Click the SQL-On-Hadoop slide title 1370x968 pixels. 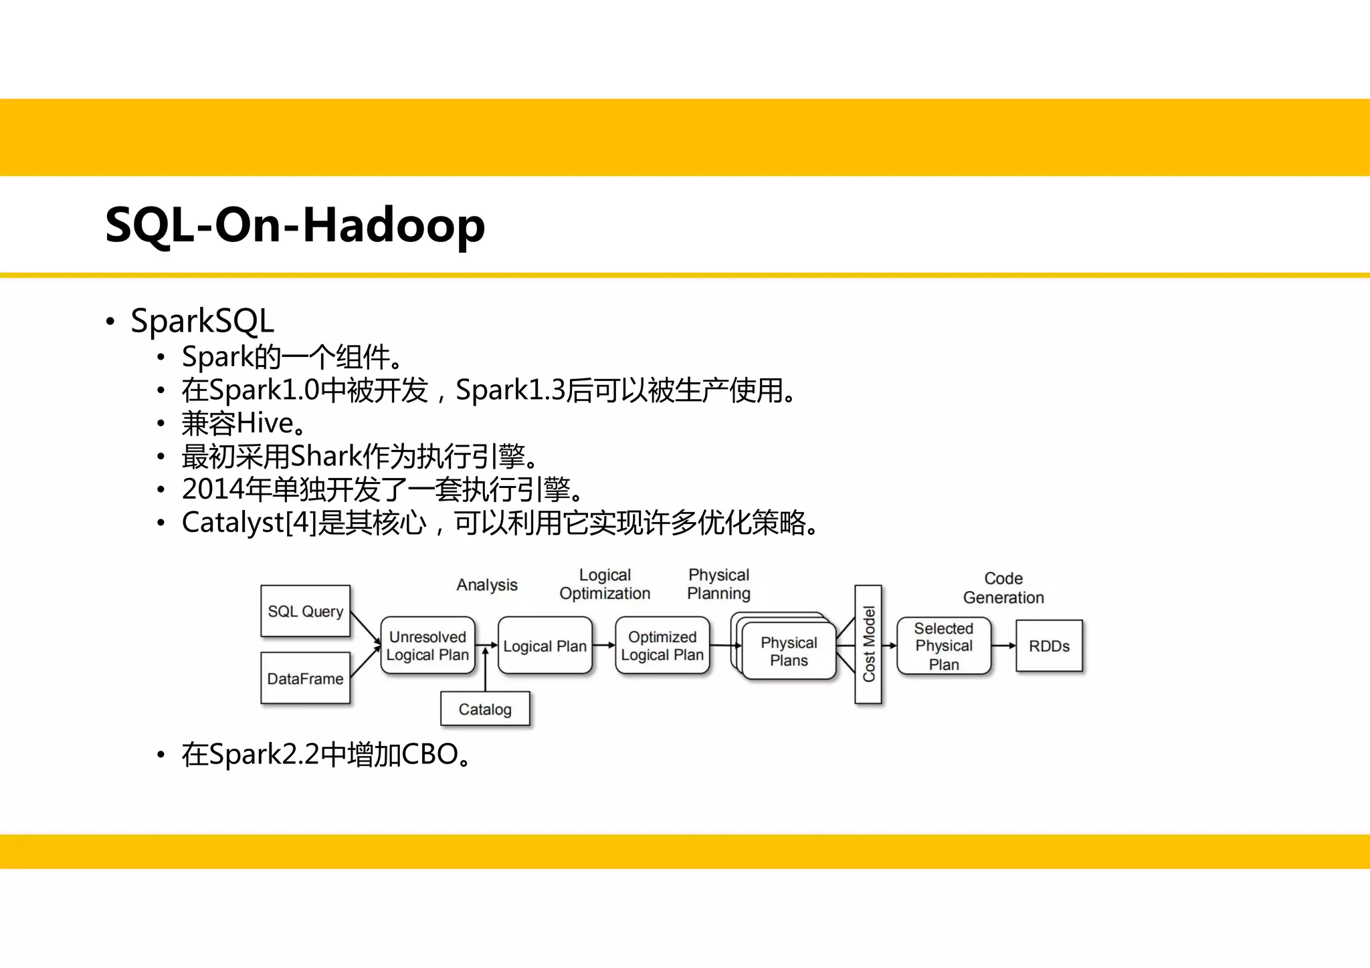pos(295,225)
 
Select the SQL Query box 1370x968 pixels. pos(305,611)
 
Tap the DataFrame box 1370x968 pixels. pos(305,678)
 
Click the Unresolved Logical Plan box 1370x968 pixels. pos(427,646)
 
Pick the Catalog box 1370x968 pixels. pos(485,709)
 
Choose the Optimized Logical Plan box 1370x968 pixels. pos(662,646)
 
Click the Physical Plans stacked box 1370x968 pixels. pos(789,651)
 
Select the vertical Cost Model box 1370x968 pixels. pos(868,644)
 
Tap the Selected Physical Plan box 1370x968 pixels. pos(943,646)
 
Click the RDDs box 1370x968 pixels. pos(1049,646)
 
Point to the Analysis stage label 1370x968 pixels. pos(487,585)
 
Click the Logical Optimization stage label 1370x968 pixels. pos(605,584)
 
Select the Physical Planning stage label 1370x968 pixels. pos(719,584)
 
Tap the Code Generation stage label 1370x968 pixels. pos(1003,588)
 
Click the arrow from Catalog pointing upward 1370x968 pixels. pos(486,669)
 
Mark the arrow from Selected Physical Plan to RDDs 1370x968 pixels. pos(1003,646)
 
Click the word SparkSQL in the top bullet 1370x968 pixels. pos(202,321)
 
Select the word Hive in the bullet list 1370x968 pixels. pos(265,423)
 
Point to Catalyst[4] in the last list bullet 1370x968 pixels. pos(248,523)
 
